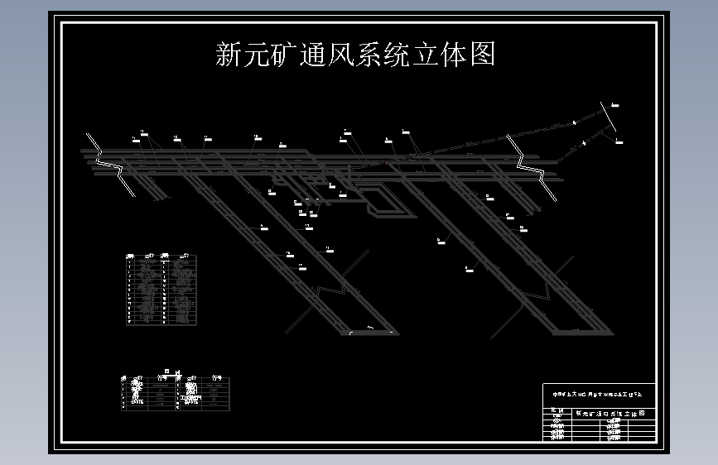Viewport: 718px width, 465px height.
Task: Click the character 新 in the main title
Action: pyautogui.click(x=229, y=55)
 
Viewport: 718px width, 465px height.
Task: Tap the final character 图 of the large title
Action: pyautogui.click(x=482, y=55)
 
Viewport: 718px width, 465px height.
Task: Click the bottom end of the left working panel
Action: pyautogui.click(x=369, y=333)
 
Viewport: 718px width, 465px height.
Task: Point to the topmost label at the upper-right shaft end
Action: pyautogui.click(x=614, y=105)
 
